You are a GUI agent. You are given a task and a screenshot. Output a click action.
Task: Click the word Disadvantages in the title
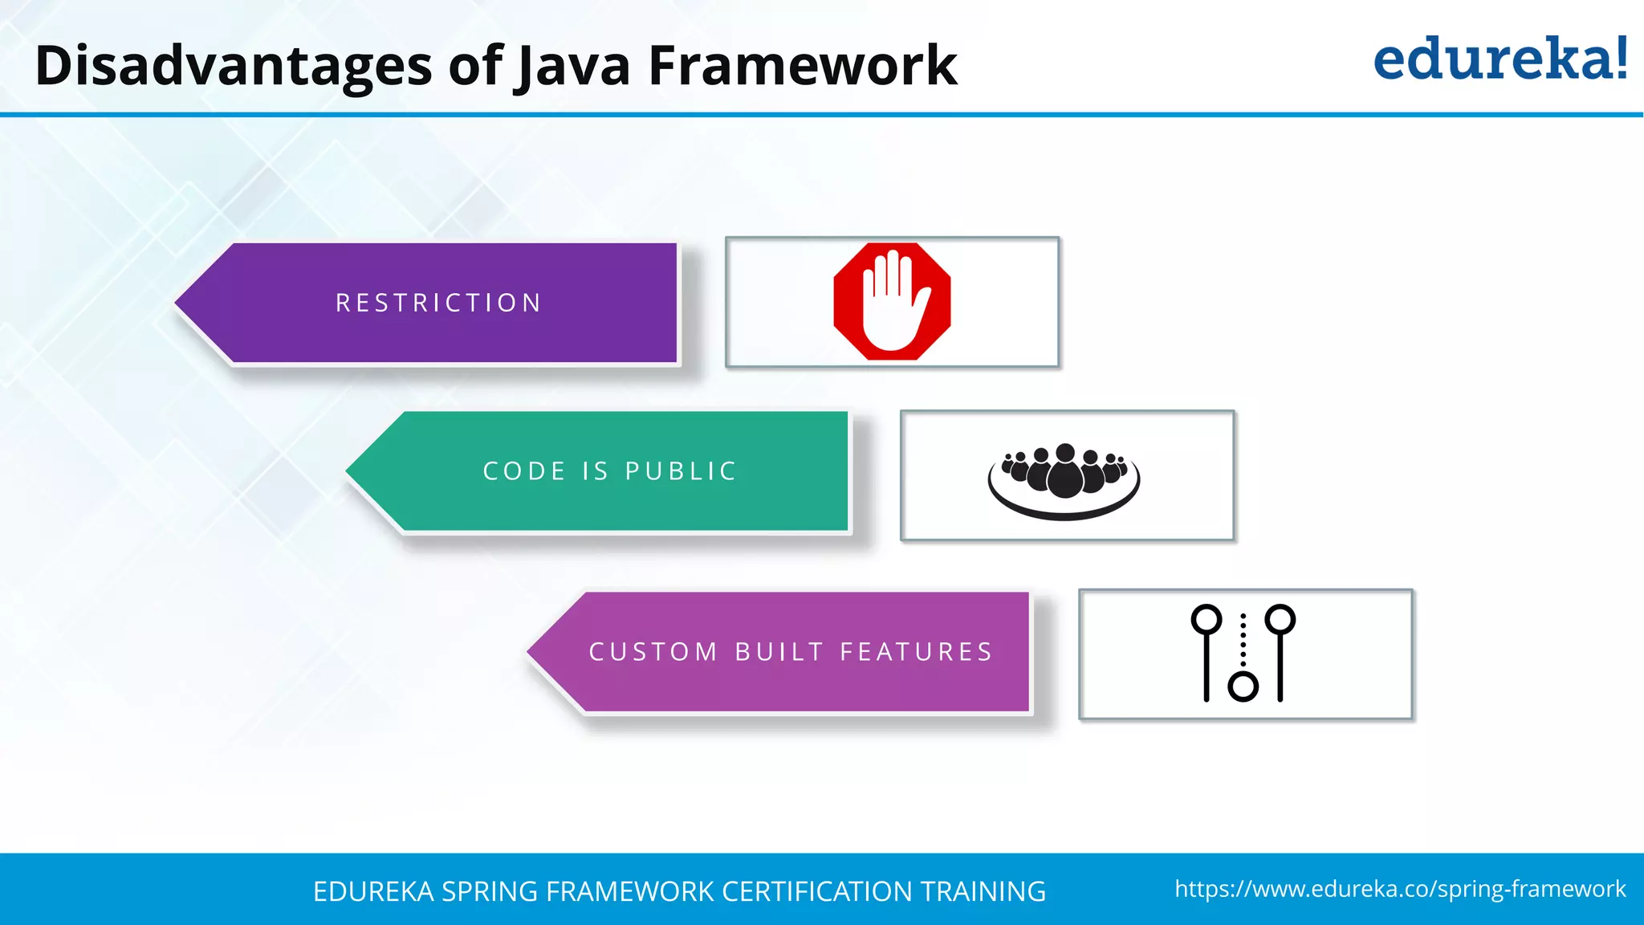click(x=234, y=66)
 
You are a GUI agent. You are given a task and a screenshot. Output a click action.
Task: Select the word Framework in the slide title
click(x=802, y=66)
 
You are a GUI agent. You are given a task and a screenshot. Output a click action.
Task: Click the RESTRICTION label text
click(x=438, y=303)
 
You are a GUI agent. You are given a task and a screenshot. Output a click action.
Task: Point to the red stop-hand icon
click(x=892, y=301)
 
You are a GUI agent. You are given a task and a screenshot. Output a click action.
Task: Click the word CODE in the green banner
click(x=524, y=471)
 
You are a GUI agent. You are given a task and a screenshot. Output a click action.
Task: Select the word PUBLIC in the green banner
click(x=681, y=471)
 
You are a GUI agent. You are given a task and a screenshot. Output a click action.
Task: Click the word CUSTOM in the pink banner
click(x=653, y=652)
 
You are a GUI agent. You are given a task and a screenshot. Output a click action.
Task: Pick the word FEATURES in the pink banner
click(x=917, y=652)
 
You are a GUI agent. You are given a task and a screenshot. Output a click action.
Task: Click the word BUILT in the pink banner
click(x=779, y=652)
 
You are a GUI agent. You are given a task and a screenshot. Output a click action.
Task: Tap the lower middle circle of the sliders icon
click(x=1243, y=687)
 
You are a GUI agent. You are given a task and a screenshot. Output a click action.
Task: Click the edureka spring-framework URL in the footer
click(x=1400, y=889)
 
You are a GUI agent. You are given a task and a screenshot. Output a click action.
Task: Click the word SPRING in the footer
click(x=490, y=891)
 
